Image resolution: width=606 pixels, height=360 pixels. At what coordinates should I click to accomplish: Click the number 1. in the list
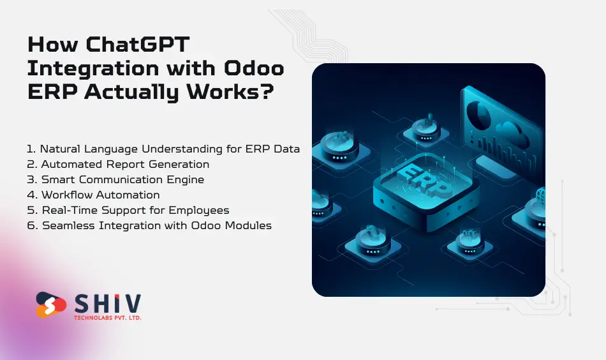pyautogui.click(x=31, y=149)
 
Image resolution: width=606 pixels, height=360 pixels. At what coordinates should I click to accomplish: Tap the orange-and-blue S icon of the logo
pyautogui.click(x=51, y=305)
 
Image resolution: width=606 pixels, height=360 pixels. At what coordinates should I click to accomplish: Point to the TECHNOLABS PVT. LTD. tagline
pyautogui.click(x=107, y=317)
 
